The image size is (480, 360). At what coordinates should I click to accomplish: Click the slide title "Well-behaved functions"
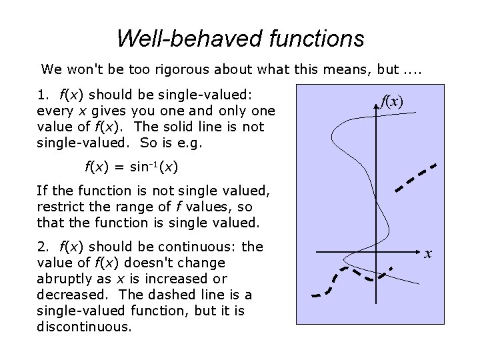click(240, 38)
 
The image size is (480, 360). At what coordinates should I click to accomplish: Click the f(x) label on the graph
click(392, 101)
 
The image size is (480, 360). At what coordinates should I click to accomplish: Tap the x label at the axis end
click(429, 253)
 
